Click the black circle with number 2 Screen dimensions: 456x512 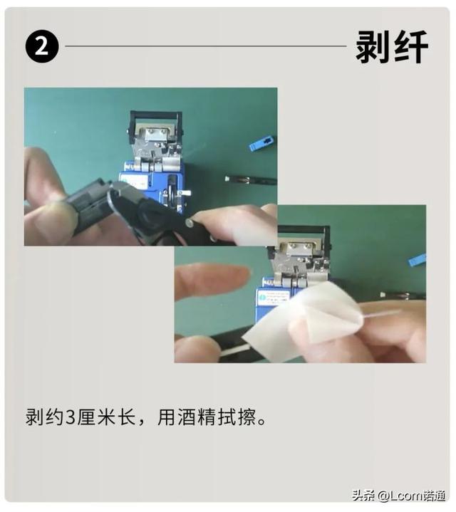click(x=42, y=46)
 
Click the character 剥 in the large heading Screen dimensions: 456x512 click(x=373, y=47)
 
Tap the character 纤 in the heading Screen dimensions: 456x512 click(x=411, y=47)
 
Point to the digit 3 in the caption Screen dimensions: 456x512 click(x=71, y=417)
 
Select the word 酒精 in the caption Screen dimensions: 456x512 click(x=197, y=417)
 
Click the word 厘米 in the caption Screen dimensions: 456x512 click(x=97, y=417)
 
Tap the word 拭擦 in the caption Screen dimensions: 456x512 click(x=237, y=417)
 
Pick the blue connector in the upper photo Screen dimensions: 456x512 click(x=261, y=143)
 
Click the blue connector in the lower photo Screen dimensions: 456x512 click(x=417, y=260)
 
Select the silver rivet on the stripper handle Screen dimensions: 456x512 click(x=189, y=223)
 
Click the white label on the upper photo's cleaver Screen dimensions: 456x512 click(x=133, y=181)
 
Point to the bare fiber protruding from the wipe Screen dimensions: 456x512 click(x=380, y=314)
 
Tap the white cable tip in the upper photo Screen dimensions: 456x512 click(x=227, y=179)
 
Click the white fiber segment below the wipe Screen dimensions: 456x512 click(x=234, y=350)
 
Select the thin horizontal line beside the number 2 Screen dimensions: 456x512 click(x=206, y=46)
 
